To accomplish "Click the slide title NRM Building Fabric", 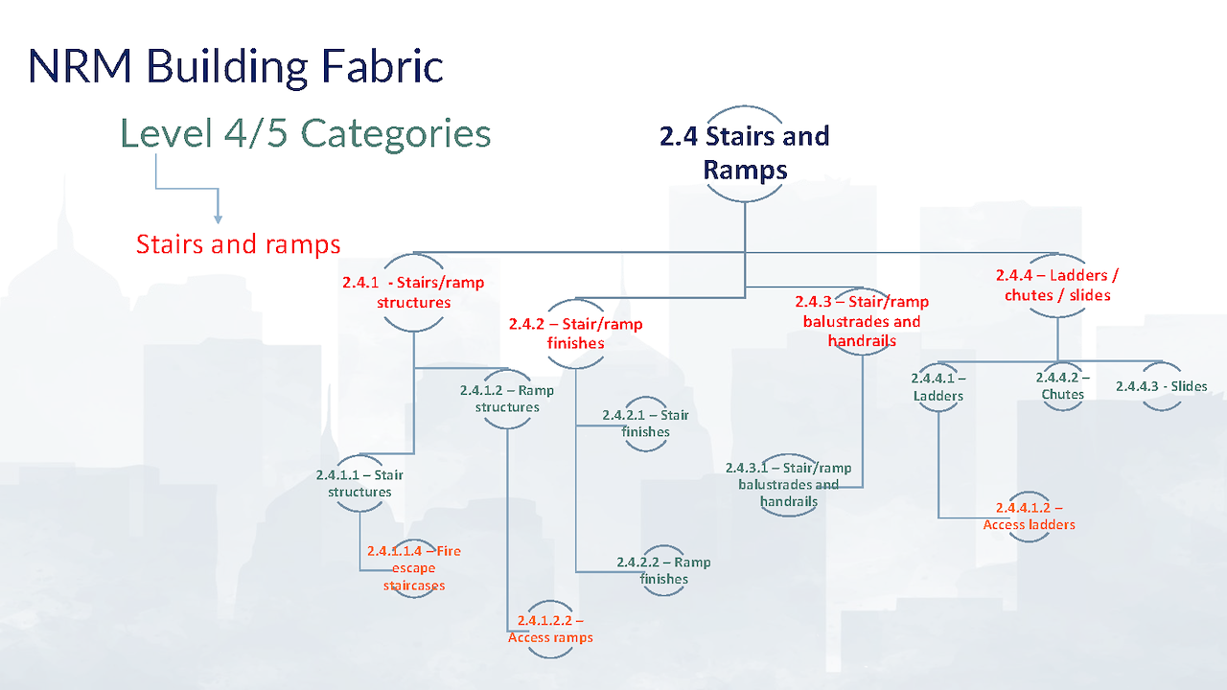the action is coord(236,67).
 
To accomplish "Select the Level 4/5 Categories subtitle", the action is coord(305,133).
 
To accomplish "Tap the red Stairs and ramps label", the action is coord(239,244).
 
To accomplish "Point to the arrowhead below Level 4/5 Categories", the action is coord(218,219).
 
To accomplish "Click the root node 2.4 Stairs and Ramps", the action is coord(745,152).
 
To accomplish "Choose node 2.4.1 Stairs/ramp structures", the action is coord(413,292).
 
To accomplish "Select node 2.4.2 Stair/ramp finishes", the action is coord(576,333).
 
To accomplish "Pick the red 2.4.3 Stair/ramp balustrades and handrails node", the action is coord(862,321).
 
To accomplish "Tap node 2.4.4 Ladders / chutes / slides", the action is coord(1057,286).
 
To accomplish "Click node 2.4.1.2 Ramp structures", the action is coord(507,399).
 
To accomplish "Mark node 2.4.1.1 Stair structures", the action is coord(359,483).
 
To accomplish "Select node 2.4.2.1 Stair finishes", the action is coord(645,424).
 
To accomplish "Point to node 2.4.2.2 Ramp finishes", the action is coord(663,570).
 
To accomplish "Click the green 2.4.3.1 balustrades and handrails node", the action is coord(788,485).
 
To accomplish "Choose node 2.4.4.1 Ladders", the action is coord(938,387).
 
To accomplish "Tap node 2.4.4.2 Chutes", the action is coord(1063,386).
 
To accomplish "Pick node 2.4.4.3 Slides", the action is coord(1161,386).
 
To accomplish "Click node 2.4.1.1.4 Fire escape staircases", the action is coord(413,568).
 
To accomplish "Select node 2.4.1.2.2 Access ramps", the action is coord(550,629).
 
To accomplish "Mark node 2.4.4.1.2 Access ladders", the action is coord(1029,516).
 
